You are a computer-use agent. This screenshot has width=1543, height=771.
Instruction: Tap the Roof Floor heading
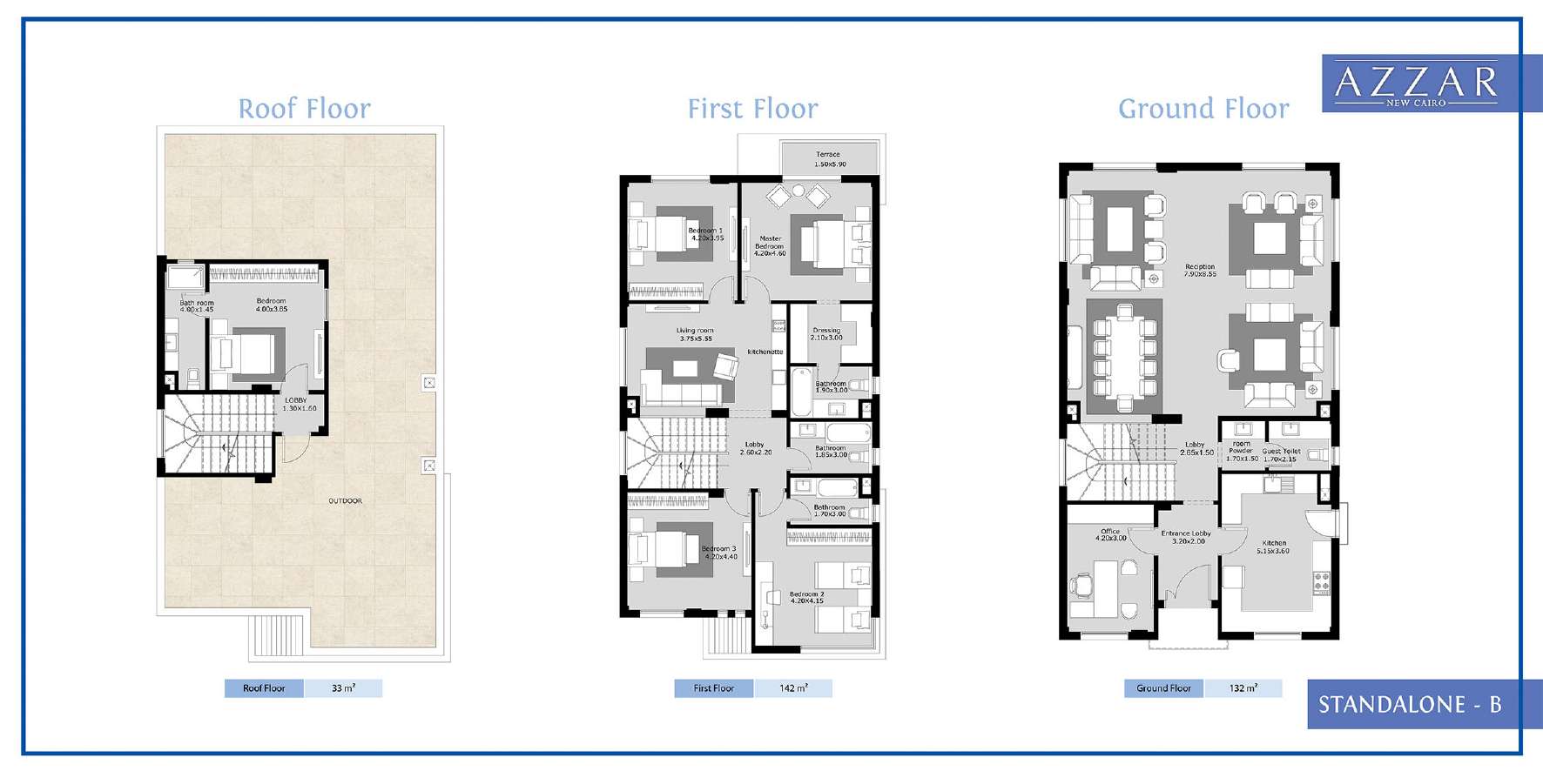point(305,109)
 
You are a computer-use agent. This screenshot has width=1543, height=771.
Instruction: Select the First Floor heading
point(752,109)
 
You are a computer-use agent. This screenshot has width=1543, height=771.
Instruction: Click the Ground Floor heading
point(1203,109)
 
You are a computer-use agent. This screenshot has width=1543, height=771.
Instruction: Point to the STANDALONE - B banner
point(1410,704)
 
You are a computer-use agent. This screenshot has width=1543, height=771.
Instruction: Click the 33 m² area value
point(343,688)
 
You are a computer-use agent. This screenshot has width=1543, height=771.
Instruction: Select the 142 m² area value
point(792,688)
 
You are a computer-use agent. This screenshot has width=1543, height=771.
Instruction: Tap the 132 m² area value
point(1243,688)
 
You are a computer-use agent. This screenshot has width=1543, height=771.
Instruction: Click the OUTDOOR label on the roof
point(346,501)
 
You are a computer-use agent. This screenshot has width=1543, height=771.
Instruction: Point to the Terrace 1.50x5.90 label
point(829,159)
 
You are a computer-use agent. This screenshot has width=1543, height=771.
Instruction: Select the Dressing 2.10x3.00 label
point(826,333)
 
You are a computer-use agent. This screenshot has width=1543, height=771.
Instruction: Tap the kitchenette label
point(765,352)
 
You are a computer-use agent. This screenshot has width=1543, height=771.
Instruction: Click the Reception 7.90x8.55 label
point(1200,271)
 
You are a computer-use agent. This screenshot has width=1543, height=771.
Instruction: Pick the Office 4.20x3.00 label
point(1110,534)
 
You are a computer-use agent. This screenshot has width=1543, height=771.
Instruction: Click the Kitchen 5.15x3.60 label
point(1273,546)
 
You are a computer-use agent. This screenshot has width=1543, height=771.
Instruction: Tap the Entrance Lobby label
point(1185,537)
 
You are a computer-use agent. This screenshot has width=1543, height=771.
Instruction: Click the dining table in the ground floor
point(1124,355)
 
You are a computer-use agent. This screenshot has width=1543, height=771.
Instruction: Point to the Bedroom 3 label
point(719,553)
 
